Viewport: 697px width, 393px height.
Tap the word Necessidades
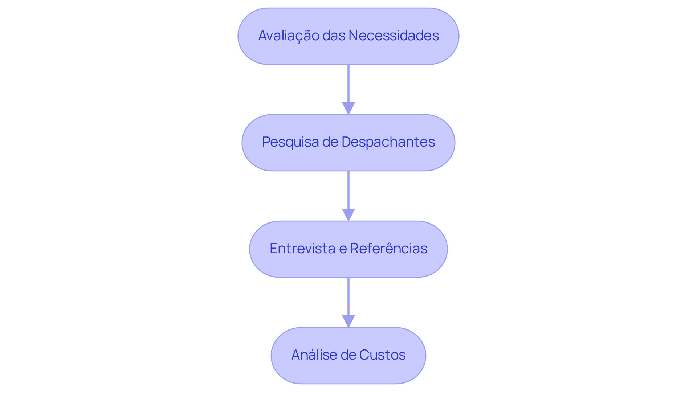click(394, 36)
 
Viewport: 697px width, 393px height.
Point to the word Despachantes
click(388, 142)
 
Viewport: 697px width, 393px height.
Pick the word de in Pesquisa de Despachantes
click(330, 142)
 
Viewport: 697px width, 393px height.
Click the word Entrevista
click(302, 249)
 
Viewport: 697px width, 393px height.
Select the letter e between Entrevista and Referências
click(343, 249)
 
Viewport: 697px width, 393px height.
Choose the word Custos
click(383, 355)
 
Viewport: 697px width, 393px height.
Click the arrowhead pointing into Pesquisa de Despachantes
click(348, 108)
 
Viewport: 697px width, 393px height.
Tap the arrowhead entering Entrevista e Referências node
click(348, 214)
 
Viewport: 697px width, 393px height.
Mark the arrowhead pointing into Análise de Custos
click(348, 321)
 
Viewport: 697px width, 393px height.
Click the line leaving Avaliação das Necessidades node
click(348, 83)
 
